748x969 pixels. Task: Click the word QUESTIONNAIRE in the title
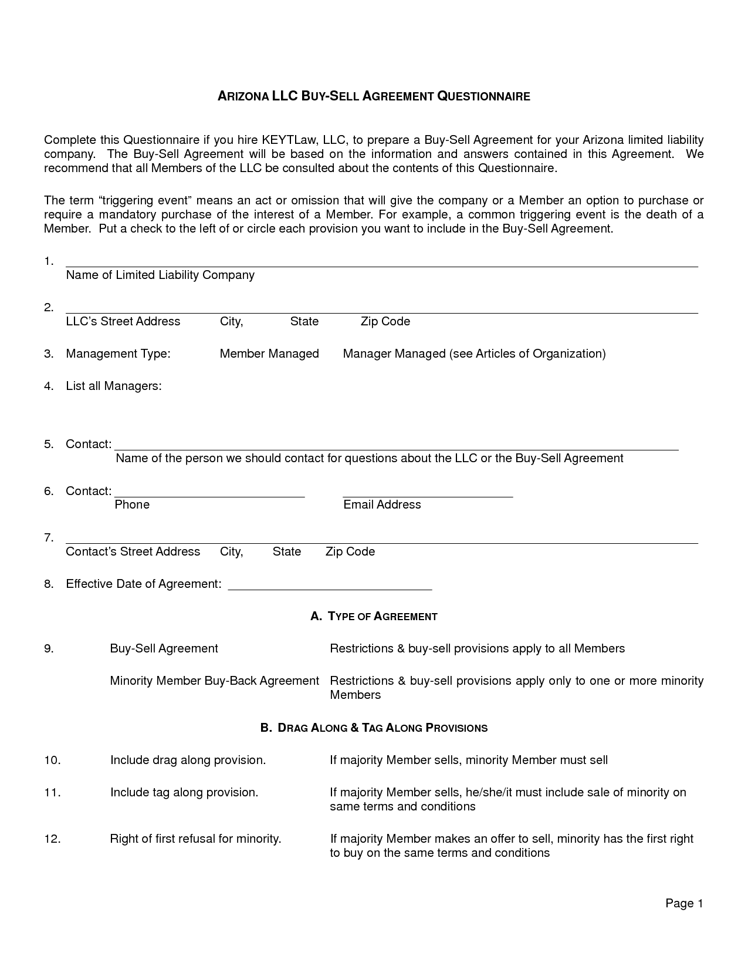(483, 96)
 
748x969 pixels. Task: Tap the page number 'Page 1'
(683, 903)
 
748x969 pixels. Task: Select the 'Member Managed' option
(269, 354)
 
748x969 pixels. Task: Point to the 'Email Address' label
(382, 504)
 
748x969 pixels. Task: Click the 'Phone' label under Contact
(132, 504)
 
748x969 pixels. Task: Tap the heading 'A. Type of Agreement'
(374, 616)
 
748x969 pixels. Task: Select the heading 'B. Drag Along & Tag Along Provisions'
(374, 728)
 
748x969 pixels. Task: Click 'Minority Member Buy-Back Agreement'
(214, 681)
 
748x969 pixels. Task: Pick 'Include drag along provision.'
(188, 760)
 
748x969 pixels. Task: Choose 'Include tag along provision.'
(184, 792)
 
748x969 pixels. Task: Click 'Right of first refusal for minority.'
(195, 839)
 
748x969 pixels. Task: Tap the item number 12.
(52, 839)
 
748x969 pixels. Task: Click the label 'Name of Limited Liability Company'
(160, 275)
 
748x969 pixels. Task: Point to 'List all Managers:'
(113, 386)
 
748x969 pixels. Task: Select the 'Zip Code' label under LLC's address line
(385, 321)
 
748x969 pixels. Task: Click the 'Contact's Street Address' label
(133, 551)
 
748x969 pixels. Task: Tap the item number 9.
(49, 648)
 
